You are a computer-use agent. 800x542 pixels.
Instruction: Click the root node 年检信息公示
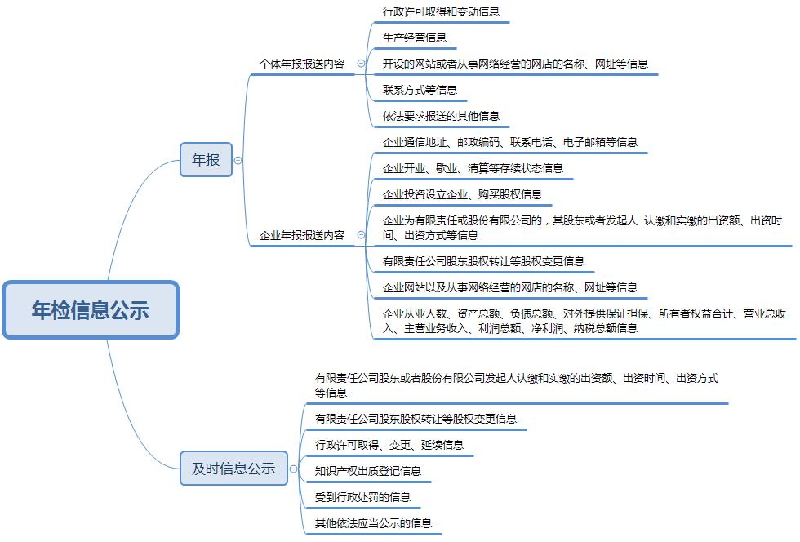pyautogui.click(x=91, y=310)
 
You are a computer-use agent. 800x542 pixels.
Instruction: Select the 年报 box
pyautogui.click(x=206, y=160)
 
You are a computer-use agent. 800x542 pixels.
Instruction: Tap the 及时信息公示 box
pyautogui.click(x=233, y=468)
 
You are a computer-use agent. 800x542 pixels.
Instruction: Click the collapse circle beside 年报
pyautogui.click(x=238, y=160)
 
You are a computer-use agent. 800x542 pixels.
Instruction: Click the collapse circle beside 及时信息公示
pyautogui.click(x=293, y=469)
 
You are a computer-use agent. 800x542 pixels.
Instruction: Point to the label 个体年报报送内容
pyautogui.click(x=302, y=64)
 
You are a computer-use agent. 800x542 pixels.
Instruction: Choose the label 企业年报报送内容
pyautogui.click(x=302, y=235)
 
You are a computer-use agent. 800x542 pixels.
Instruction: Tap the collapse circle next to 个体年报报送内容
pyautogui.click(x=361, y=64)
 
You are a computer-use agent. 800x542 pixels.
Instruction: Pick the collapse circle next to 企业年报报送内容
pyautogui.click(x=361, y=235)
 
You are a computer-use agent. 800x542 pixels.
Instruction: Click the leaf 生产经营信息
pyautogui.click(x=415, y=38)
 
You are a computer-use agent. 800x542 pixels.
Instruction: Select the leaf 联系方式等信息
pyautogui.click(x=420, y=90)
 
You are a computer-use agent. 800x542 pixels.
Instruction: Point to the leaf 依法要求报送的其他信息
pyautogui.click(x=441, y=116)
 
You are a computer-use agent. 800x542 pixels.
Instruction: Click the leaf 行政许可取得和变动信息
pyautogui.click(x=441, y=11)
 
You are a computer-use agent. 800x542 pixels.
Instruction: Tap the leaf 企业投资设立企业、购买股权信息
pyautogui.click(x=462, y=194)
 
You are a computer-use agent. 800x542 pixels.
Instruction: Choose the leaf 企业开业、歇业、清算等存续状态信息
pyautogui.click(x=473, y=168)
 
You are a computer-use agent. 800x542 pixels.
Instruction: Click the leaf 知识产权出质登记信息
pyautogui.click(x=368, y=471)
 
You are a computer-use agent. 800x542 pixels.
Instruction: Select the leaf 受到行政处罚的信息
pyautogui.click(x=362, y=497)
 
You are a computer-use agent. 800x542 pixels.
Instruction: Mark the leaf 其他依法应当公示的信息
pyautogui.click(x=374, y=523)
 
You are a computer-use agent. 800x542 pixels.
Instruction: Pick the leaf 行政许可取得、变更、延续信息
pyautogui.click(x=389, y=445)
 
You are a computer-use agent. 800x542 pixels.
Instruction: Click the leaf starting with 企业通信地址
pyautogui.click(x=510, y=142)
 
